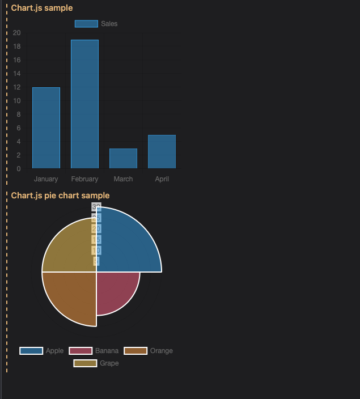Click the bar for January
pyautogui.click(x=46, y=128)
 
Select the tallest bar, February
pyautogui.click(x=84, y=104)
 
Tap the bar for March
pyautogui.click(x=123, y=158)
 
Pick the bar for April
pyautogui.click(x=162, y=151)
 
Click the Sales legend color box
pyautogui.click(x=86, y=24)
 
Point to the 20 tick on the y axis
pyautogui.click(x=17, y=33)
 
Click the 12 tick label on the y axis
pyautogui.click(x=17, y=87)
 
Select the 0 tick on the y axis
pyautogui.click(x=19, y=169)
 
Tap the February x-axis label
pyautogui.click(x=84, y=179)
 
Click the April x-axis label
pyautogui.click(x=162, y=179)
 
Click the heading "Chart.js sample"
pyautogui.click(x=42, y=8)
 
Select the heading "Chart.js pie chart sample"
pyautogui.click(x=60, y=196)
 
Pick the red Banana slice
pyautogui.click(x=116, y=291)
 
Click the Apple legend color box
pyautogui.click(x=31, y=351)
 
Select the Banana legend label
pyautogui.click(x=107, y=351)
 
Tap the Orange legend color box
pyautogui.click(x=135, y=351)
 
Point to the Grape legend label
pyautogui.click(x=109, y=363)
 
